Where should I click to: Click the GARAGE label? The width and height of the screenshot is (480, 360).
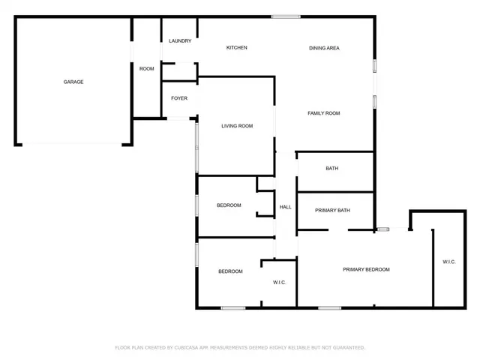[x=73, y=82]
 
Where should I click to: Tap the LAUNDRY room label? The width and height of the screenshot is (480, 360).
[x=180, y=40]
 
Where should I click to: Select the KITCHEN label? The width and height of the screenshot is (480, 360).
[x=237, y=48]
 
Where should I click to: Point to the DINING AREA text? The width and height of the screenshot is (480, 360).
[x=325, y=48]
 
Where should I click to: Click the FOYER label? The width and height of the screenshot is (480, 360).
[x=179, y=98]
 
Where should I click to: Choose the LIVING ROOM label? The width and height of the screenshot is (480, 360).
[x=237, y=126]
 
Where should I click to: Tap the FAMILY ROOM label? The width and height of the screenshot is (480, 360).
[x=324, y=113]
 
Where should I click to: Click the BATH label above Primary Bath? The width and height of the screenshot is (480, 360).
[x=332, y=168]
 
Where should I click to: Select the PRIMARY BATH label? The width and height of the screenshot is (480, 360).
[x=332, y=210]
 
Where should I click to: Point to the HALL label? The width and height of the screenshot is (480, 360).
[x=285, y=207]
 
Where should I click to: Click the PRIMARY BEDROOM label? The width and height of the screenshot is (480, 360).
[x=366, y=269]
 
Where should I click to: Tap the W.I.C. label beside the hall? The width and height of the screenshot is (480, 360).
[x=279, y=282]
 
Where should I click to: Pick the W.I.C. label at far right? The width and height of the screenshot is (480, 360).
[x=448, y=262]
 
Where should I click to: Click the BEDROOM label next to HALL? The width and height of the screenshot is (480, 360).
[x=229, y=205]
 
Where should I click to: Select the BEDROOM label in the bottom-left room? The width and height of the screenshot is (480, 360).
[x=230, y=271]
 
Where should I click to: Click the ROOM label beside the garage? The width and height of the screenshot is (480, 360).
[x=147, y=68]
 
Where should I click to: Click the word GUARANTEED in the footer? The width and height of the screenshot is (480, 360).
[x=349, y=347]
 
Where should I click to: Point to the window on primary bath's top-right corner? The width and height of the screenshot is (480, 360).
[x=382, y=229]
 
